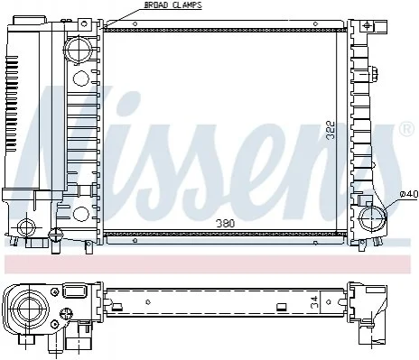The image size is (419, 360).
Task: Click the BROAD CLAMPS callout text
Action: coord(173,5)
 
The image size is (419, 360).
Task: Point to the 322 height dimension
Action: coord(331,130)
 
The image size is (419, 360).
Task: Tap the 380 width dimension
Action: coord(226,224)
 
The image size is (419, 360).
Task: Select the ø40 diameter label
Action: coord(409,195)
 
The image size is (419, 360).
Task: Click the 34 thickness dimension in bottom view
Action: coord(314,302)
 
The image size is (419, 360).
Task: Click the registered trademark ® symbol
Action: coord(405,128)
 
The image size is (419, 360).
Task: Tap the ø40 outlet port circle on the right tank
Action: coord(373,217)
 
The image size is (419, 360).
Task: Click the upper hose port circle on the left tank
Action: coord(79,50)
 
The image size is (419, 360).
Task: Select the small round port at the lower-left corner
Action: coord(26,227)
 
